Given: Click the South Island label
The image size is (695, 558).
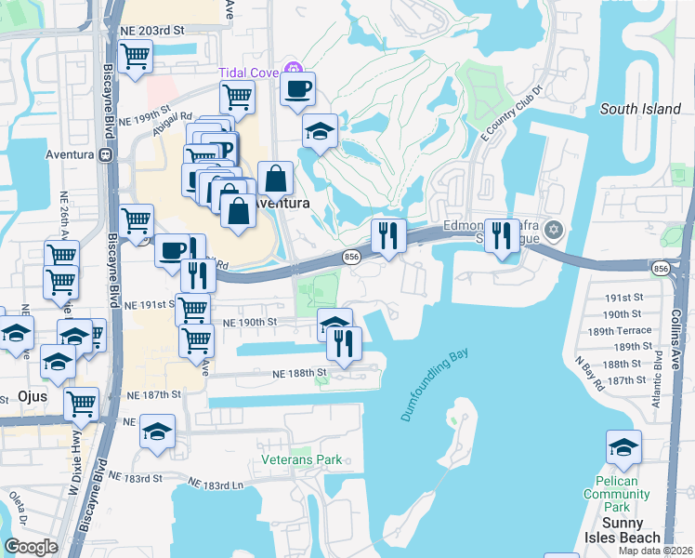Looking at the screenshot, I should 640,109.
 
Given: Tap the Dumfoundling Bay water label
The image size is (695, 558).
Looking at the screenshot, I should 435,385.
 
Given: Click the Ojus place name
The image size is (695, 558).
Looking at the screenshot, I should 32,396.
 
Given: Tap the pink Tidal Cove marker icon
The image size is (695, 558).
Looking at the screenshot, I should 294,67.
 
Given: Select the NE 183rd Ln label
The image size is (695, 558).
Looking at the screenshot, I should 216,485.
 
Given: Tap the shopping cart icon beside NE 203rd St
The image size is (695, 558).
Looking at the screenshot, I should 136,55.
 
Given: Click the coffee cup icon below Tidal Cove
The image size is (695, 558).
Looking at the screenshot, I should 298,89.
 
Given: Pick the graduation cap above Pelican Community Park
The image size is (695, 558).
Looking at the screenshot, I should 623,447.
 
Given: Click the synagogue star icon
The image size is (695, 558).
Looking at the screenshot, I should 555,229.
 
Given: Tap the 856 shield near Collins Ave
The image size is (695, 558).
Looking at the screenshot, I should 661,269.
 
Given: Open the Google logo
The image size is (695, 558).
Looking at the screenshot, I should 30,547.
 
